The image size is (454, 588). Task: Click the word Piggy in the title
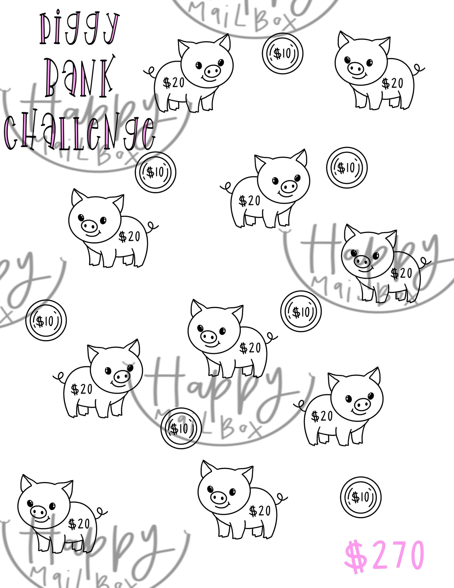tap(79, 30)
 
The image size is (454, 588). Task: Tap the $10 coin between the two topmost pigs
tap(282, 54)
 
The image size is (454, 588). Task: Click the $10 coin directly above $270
tap(361, 498)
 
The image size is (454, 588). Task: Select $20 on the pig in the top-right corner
tap(393, 83)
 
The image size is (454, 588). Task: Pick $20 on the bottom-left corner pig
tap(79, 524)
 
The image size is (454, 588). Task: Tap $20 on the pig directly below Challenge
tap(130, 237)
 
